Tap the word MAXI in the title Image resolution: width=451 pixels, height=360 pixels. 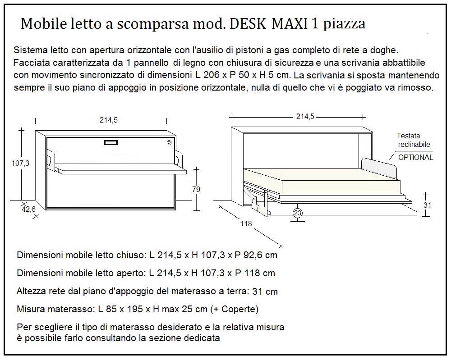pyautogui.click(x=290, y=24)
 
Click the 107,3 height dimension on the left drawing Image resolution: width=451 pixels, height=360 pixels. pyautogui.click(x=20, y=164)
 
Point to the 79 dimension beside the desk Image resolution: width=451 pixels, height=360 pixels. pyautogui.click(x=196, y=189)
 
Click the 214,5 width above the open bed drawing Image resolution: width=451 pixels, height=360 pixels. pyautogui.click(x=305, y=116)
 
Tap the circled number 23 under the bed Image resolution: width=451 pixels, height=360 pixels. pyautogui.click(x=298, y=214)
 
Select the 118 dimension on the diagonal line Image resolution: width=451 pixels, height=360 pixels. pyautogui.click(x=246, y=223)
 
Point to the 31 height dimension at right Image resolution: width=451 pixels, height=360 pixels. pyautogui.click(x=428, y=205)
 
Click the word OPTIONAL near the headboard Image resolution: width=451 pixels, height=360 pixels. pyautogui.click(x=415, y=157)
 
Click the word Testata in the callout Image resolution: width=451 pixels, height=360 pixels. pyautogui.click(x=408, y=136)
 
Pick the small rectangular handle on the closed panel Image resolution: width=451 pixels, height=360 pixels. pyautogui.click(x=111, y=143)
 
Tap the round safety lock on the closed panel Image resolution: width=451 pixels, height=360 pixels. pyautogui.click(x=169, y=143)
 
